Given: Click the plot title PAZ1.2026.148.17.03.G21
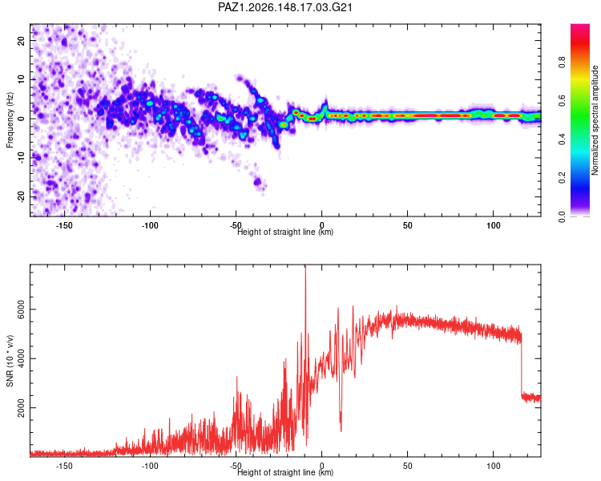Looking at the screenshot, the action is click(x=284, y=7).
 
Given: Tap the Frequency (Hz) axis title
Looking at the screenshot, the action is click(x=10, y=120).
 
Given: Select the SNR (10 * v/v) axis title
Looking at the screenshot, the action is click(x=10, y=361).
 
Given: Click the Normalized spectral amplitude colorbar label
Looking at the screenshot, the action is click(x=595, y=120).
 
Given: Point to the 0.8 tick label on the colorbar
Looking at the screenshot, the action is click(x=562, y=62).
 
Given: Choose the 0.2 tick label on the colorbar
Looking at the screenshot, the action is click(x=562, y=178).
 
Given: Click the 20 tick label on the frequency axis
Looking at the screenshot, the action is click(x=21, y=40).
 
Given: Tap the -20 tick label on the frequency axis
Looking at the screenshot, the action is click(x=21, y=197).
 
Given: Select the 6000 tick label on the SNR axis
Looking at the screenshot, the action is click(x=21, y=309).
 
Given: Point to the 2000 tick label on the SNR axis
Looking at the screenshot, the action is click(x=21, y=408).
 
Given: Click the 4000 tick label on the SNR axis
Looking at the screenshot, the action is click(x=21, y=358).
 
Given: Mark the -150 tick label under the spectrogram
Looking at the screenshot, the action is click(x=64, y=225).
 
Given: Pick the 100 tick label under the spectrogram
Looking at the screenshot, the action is click(x=494, y=225).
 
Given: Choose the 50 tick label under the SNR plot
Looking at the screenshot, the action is click(x=407, y=466).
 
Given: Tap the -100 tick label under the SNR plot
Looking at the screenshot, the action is click(x=150, y=466).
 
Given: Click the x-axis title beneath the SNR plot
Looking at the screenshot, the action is click(x=285, y=472).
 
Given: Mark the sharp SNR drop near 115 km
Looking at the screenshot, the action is click(x=522, y=365).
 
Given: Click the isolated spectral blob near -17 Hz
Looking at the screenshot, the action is click(x=257, y=181).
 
